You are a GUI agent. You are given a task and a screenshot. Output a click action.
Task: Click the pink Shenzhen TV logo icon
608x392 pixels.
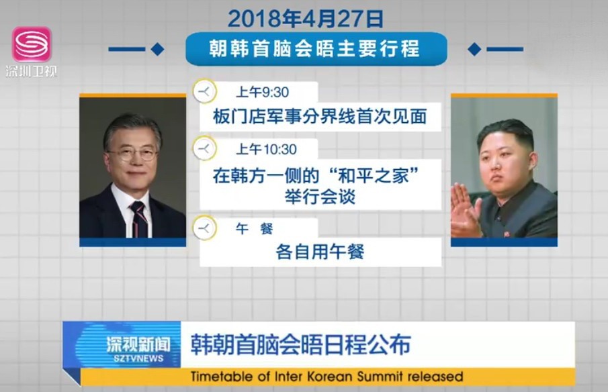pos(32,44)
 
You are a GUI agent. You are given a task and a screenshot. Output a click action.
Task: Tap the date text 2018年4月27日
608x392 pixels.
pos(306,19)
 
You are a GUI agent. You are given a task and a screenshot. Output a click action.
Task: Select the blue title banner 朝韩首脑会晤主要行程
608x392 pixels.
pos(316,49)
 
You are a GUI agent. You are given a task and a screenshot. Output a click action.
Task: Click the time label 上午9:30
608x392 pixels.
pos(263,92)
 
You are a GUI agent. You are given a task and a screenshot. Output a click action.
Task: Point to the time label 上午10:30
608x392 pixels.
pos(266,149)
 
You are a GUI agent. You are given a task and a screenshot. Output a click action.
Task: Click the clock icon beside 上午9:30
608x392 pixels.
pos(204,91)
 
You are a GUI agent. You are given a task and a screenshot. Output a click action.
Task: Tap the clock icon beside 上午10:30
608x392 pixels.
pos(204,148)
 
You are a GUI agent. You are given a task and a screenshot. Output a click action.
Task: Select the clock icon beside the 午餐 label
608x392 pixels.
pos(204,228)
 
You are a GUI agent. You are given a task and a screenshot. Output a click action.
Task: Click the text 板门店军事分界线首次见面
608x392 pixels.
pos(320,117)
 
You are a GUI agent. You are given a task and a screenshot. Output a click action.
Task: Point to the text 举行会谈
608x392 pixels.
pos(320,197)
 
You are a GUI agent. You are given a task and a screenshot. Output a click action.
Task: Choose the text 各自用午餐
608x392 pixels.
pos(320,252)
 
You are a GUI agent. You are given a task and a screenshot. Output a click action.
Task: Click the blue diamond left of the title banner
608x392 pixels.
pos(157,49)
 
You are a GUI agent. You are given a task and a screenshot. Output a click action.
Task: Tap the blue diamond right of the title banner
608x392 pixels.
pos(474,49)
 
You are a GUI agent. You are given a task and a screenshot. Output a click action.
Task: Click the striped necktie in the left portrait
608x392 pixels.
pos(139,219)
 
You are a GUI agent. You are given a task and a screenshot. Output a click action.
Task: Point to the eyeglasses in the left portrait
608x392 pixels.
pos(133,154)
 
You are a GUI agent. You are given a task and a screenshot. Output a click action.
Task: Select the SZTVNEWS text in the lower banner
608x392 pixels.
pos(139,358)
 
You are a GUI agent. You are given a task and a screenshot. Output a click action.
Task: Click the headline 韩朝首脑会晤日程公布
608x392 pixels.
pos(301,344)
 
